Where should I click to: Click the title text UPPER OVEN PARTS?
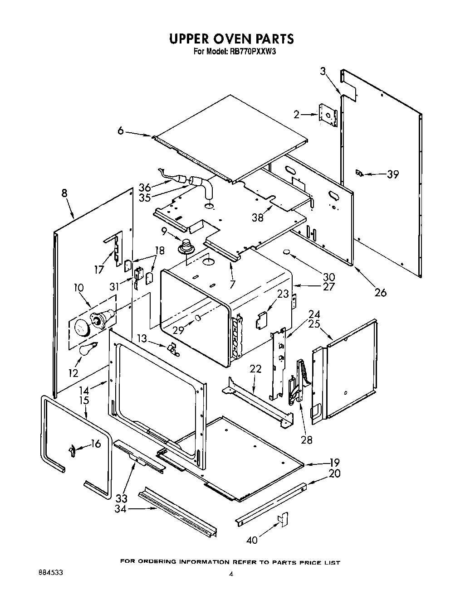pos(231,39)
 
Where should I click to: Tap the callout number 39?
pos(392,174)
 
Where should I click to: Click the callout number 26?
pos(381,293)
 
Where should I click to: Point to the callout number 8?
pos(64,193)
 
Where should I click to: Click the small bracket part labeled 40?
pos(284,519)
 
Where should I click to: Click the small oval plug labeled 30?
pos(287,251)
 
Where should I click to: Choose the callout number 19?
pos(335,463)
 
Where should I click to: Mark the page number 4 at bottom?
pos(231,574)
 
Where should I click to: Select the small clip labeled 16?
pos(71,449)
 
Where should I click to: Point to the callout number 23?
pos(283,294)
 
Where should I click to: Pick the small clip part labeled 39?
pos(359,173)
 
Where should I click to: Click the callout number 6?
pos(120,130)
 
